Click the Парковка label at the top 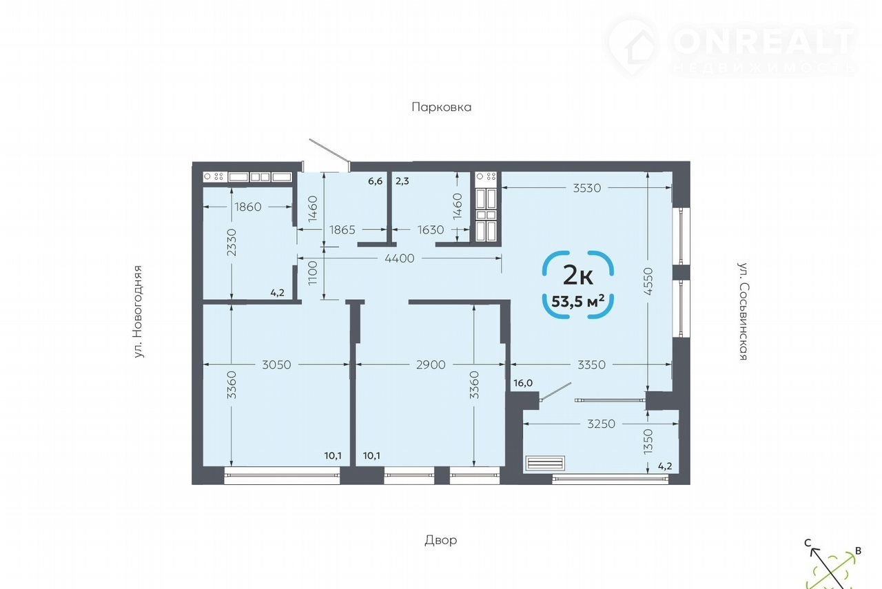click(442, 107)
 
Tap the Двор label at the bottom click(440, 540)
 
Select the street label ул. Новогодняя click(137, 312)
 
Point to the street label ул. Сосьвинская click(743, 311)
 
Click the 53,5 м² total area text click(578, 302)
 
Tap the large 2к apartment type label click(578, 275)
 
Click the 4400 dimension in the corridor click(399, 258)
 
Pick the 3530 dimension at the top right click(586, 188)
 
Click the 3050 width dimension click(276, 364)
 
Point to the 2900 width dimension click(431, 364)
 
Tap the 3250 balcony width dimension click(601, 424)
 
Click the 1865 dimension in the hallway click(342, 229)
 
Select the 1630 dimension click(431, 229)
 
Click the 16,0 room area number click(523, 383)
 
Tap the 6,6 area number click(376, 181)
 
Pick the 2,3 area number click(402, 181)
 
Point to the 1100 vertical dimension click(313, 273)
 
